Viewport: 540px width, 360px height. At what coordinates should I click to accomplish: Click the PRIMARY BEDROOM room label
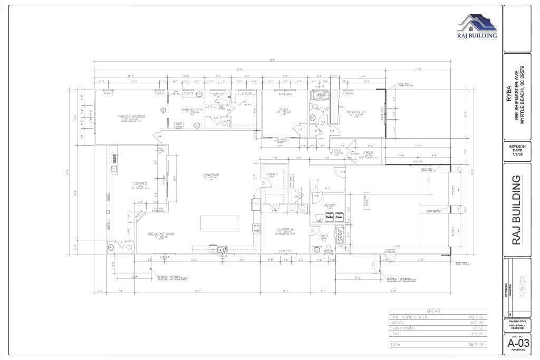pyautogui.click(x=131, y=116)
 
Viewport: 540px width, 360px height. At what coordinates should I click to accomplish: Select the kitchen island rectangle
pyautogui.click(x=219, y=223)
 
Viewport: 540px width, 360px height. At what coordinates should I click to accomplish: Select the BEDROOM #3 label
pyautogui.click(x=356, y=112)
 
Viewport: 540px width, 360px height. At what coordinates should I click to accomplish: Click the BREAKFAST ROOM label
pyautogui.click(x=161, y=234)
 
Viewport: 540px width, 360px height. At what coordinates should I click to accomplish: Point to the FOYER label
pyautogui.click(x=336, y=150)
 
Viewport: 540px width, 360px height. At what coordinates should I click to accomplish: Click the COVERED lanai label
pyautogui.click(x=140, y=184)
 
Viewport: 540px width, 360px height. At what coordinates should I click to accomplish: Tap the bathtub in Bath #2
pyautogui.click(x=321, y=95)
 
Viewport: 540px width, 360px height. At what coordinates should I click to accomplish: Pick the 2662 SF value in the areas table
pyautogui.click(x=477, y=317)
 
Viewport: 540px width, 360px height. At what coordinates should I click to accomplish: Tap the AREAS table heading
pyautogui.click(x=438, y=312)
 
